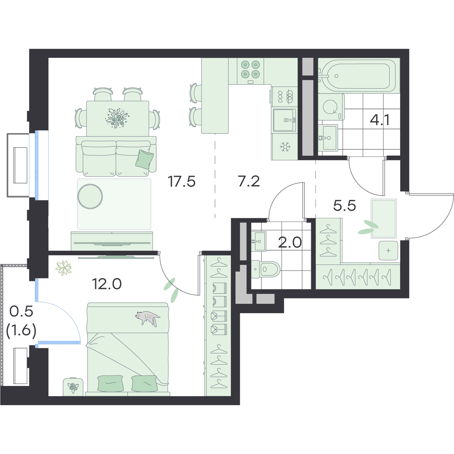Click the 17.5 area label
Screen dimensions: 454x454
(x=182, y=182)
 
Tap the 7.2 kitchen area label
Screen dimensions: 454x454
(x=249, y=182)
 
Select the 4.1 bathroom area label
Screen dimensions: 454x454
(x=380, y=120)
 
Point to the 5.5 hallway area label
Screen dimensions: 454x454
(x=344, y=206)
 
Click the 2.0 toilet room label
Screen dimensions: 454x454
(x=290, y=243)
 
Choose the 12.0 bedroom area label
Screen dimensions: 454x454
(x=107, y=284)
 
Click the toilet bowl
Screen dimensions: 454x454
(x=266, y=269)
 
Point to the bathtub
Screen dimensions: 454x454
(x=359, y=76)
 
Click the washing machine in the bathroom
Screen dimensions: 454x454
(x=331, y=107)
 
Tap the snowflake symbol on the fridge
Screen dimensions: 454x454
(x=285, y=147)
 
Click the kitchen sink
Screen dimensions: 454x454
(x=285, y=120)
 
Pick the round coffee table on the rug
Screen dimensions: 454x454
(x=90, y=196)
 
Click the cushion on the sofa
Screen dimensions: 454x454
(x=145, y=159)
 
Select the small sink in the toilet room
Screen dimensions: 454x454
(x=259, y=241)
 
